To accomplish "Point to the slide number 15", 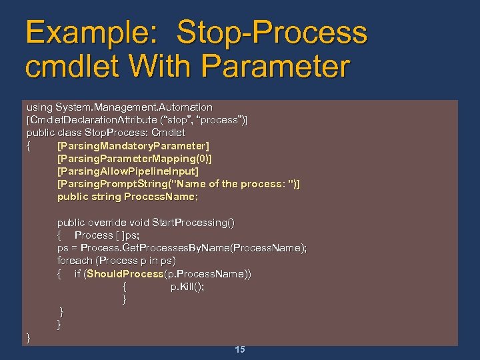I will [240, 349].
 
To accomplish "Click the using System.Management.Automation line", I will [119, 107].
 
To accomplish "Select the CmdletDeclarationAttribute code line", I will [136, 120].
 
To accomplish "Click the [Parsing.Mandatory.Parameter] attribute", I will [133, 145].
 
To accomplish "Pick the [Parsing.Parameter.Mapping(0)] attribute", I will [135, 158].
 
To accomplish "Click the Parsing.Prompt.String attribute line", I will [178, 184].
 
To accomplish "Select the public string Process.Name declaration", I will [127, 197].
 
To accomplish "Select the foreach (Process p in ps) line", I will [116, 261].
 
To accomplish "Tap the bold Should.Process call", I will [125, 274].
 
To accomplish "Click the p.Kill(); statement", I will [187, 287].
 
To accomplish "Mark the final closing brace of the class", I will [29, 338].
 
